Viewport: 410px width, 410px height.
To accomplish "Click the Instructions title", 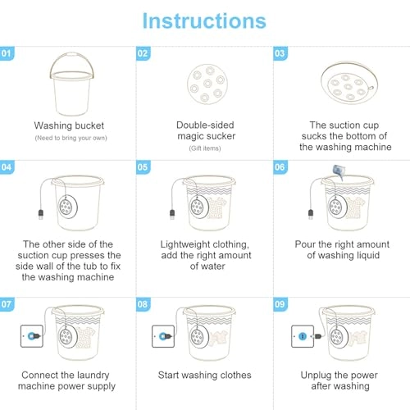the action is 204,20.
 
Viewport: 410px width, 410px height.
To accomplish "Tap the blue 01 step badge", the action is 7,53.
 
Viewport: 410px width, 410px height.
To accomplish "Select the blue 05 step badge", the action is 143,167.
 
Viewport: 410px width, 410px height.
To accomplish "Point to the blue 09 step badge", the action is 280,304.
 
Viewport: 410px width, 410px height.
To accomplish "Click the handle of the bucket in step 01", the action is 71,54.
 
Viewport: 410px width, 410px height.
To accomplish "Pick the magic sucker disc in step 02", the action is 207,84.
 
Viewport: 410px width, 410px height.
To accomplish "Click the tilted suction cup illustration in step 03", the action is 349,82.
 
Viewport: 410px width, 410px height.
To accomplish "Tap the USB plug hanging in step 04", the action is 41,215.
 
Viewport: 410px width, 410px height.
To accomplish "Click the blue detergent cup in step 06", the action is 338,171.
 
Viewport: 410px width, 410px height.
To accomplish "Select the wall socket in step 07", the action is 32,336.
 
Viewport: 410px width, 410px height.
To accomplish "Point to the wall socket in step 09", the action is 303,336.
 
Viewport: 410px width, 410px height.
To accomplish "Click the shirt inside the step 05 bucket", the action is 217,207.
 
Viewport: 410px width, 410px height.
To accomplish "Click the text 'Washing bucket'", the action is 69,125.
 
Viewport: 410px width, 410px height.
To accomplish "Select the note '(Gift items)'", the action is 205,148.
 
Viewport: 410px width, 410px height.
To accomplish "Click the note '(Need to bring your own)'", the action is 71,138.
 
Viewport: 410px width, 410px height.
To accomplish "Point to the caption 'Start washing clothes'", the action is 205,375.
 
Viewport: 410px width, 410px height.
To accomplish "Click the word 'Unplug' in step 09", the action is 316,376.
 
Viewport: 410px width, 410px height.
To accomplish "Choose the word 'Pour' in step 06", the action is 305,244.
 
